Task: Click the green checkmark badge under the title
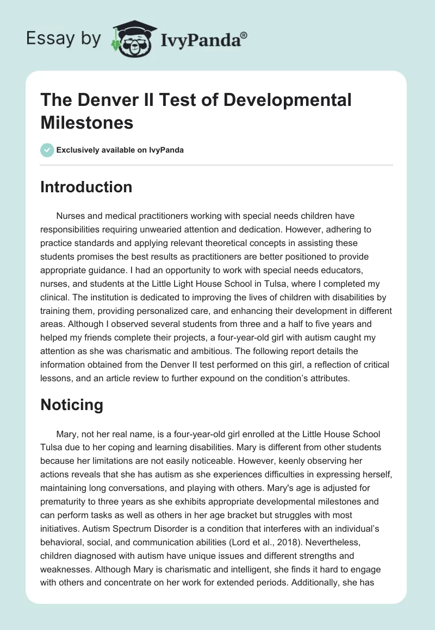[47, 150]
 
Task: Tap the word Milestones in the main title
[87, 122]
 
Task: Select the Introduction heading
[86, 187]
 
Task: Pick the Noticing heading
[72, 405]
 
